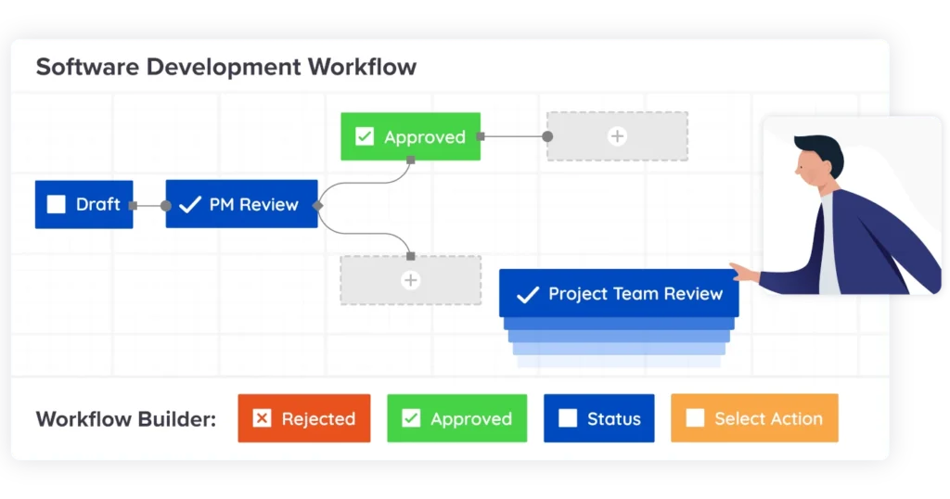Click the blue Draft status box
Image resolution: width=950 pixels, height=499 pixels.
(x=84, y=204)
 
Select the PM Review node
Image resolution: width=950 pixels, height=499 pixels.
(x=242, y=204)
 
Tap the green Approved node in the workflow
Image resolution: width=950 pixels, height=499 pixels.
(x=411, y=136)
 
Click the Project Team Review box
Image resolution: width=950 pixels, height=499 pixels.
(x=619, y=293)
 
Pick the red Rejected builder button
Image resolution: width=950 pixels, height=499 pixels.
(x=304, y=418)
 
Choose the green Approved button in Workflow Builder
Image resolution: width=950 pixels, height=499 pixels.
(x=456, y=418)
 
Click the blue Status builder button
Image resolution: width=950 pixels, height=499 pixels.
(x=599, y=418)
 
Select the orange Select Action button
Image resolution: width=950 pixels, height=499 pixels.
(x=754, y=418)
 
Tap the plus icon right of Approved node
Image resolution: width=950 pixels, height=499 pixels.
(x=617, y=136)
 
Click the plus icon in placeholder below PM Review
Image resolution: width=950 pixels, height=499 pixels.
(x=411, y=280)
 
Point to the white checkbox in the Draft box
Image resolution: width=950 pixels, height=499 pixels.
(x=57, y=204)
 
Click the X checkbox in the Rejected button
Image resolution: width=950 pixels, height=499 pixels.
(x=262, y=418)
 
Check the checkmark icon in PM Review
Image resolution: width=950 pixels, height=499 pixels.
(x=189, y=204)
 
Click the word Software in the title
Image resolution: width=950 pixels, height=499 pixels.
(x=87, y=67)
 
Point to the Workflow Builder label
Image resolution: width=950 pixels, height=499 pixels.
(x=126, y=419)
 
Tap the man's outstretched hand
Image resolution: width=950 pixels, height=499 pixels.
(x=744, y=273)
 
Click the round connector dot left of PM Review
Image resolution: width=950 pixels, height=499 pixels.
(x=165, y=206)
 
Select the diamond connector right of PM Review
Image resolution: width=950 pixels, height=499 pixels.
(x=317, y=206)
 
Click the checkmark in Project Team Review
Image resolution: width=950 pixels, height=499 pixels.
(x=528, y=294)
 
